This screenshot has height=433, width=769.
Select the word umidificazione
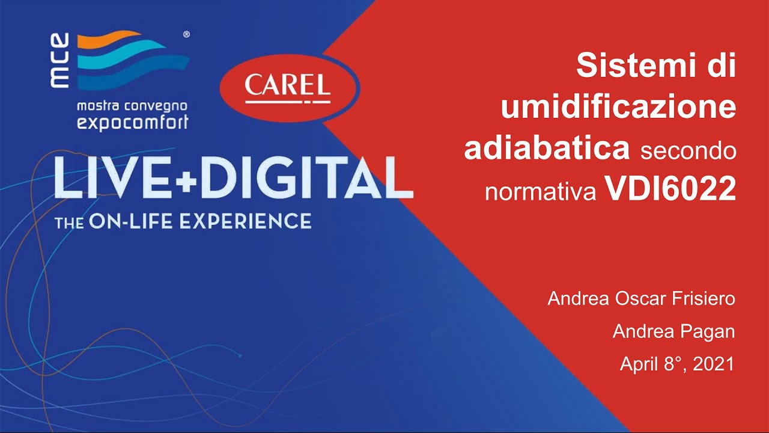(x=619, y=107)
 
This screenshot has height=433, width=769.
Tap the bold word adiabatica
(x=547, y=149)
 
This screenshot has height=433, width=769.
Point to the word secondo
(x=688, y=150)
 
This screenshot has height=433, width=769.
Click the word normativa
(x=541, y=192)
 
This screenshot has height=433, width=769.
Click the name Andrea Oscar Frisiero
(x=641, y=299)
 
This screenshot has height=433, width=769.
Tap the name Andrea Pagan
(x=673, y=331)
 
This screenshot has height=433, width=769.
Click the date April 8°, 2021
(x=677, y=364)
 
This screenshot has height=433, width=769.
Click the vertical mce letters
(x=61, y=61)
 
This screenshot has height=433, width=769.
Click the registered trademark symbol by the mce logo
(x=186, y=35)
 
